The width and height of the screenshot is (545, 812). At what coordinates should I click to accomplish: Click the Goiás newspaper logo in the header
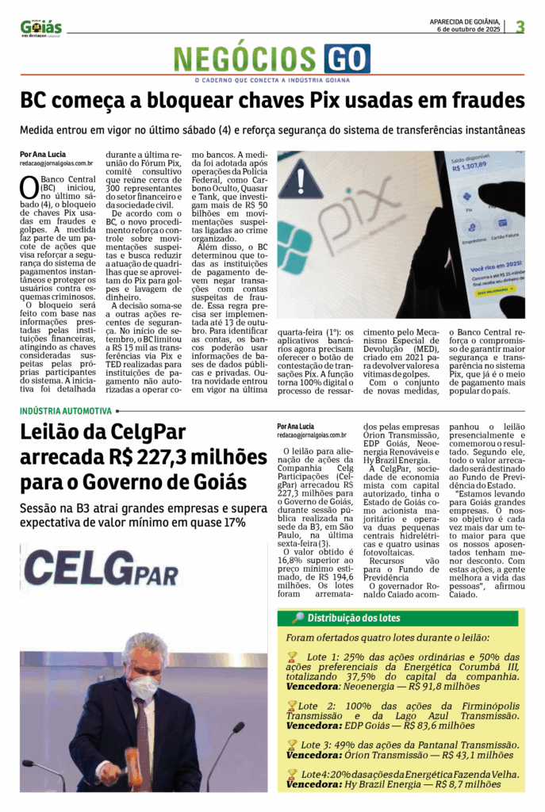[40, 28]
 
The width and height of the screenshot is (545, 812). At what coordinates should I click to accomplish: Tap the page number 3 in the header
[520, 27]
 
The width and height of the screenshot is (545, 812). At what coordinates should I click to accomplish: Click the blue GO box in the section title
[347, 59]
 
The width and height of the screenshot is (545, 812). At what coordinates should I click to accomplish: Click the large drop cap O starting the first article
[28, 186]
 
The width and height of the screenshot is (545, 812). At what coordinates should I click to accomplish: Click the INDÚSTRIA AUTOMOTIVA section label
[65, 411]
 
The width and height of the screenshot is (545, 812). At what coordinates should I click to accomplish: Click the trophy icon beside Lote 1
[292, 657]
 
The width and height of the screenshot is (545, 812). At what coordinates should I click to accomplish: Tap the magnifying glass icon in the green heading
[297, 619]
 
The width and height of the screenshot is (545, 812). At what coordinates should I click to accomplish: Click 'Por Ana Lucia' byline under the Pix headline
[43, 154]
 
